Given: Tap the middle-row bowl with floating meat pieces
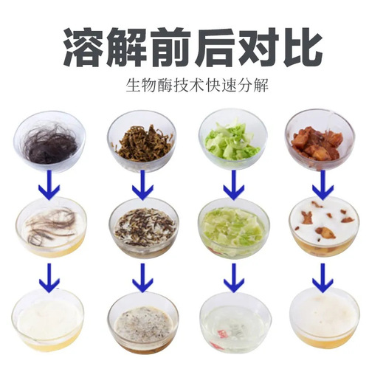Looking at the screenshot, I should (x=322, y=224).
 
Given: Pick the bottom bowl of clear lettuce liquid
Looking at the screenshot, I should (x=233, y=320).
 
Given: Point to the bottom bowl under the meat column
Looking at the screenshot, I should (x=322, y=317).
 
